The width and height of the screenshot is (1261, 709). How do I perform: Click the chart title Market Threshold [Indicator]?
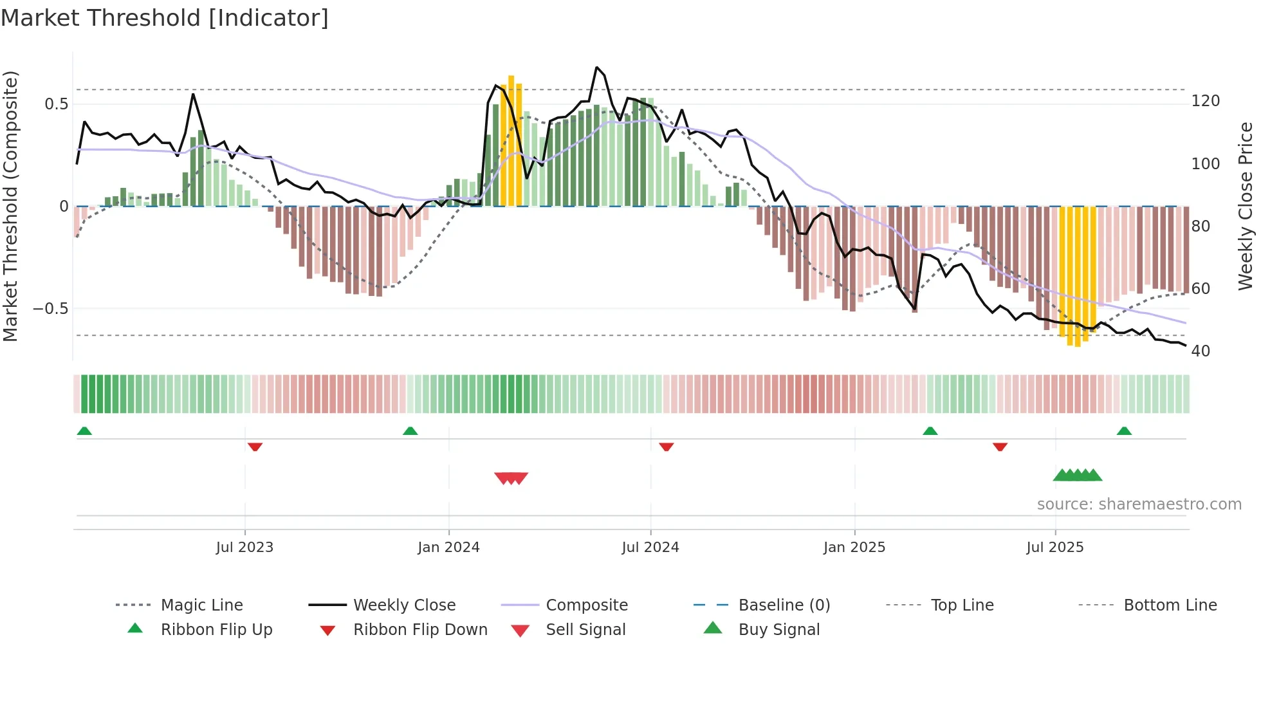pyautogui.click(x=165, y=18)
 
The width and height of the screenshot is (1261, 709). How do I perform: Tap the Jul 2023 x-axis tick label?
pyautogui.click(x=244, y=548)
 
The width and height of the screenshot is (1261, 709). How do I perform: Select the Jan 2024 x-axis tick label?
pyautogui.click(x=448, y=548)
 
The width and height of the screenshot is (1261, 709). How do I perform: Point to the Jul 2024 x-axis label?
pyautogui.click(x=650, y=548)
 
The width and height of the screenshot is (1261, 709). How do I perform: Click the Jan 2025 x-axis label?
pyautogui.click(x=854, y=548)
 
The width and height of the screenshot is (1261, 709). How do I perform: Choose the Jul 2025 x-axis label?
pyautogui.click(x=1055, y=548)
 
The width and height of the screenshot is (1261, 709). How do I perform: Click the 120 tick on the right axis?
pyautogui.click(x=1206, y=101)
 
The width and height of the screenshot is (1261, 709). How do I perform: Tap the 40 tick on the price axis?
pyautogui.click(x=1201, y=351)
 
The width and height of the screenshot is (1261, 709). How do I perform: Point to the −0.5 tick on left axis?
pyautogui.click(x=50, y=309)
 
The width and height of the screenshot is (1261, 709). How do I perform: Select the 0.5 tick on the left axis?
pyautogui.click(x=56, y=104)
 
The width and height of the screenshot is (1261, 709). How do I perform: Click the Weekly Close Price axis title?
pyautogui.click(x=1246, y=206)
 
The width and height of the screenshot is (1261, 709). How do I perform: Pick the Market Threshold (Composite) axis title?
pyautogui.click(x=10, y=206)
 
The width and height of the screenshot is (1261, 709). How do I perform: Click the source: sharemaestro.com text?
pyautogui.click(x=1139, y=504)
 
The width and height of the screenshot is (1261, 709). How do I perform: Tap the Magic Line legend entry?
pyautogui.click(x=201, y=605)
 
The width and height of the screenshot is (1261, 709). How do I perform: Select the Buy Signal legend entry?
pyautogui.click(x=778, y=630)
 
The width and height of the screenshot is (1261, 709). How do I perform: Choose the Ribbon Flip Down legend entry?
pyautogui.click(x=420, y=630)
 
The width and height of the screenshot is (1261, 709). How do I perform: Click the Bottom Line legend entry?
pyautogui.click(x=1170, y=605)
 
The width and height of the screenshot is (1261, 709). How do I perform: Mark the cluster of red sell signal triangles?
pyautogui.click(x=511, y=478)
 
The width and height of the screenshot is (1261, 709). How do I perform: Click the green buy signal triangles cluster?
pyautogui.click(x=1078, y=475)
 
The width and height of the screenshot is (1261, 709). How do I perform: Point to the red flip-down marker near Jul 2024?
pyautogui.click(x=666, y=447)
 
